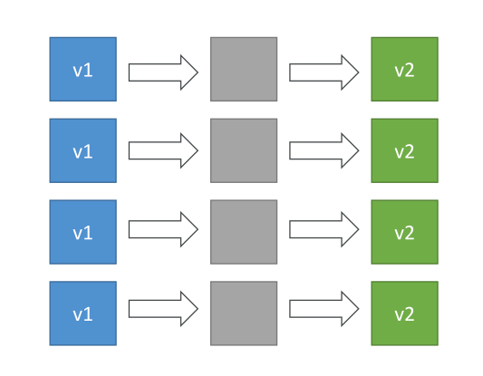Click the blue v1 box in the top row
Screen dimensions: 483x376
pyautogui.click(x=83, y=69)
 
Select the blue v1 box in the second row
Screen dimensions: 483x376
pyautogui.click(x=83, y=150)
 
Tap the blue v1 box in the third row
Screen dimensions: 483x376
pyautogui.click(x=83, y=232)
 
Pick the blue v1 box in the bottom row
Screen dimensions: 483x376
pyautogui.click(x=83, y=313)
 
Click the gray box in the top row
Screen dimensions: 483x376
pyautogui.click(x=244, y=69)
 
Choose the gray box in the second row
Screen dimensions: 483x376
pyautogui.click(x=244, y=150)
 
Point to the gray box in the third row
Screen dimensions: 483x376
pyautogui.click(x=244, y=232)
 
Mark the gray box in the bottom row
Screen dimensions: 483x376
pyautogui.click(x=244, y=313)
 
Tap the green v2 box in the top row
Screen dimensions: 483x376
pyautogui.click(x=405, y=69)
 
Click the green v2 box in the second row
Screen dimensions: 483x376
pyautogui.click(x=405, y=150)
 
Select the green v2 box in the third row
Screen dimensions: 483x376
pyautogui.click(x=405, y=232)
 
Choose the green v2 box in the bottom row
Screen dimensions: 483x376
pyautogui.click(x=405, y=313)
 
